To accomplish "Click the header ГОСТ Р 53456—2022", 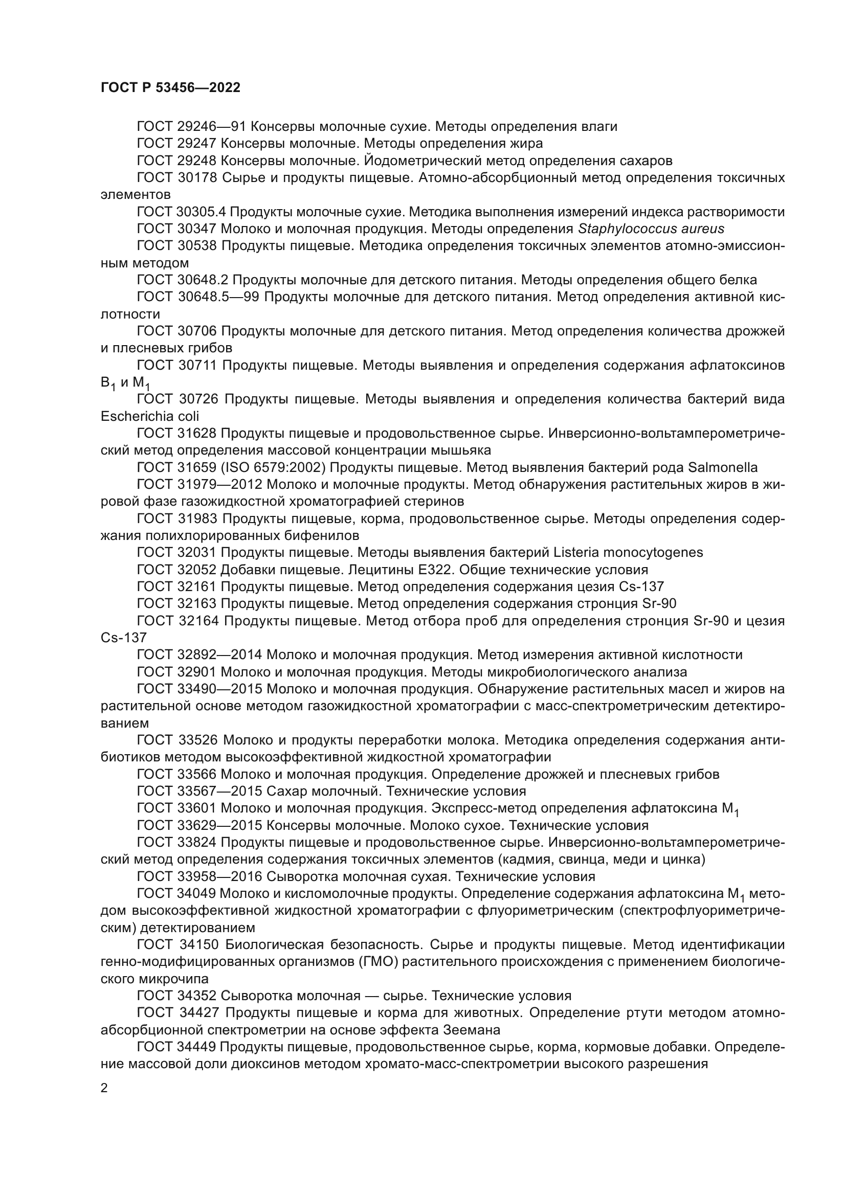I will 170,88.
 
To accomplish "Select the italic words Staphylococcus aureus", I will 651,229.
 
